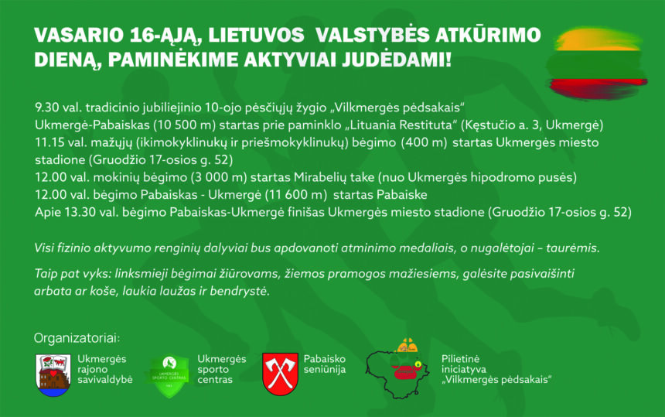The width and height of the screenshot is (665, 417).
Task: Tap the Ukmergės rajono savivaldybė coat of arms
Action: point(53,375)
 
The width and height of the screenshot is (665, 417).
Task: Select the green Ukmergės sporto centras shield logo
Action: point(169,376)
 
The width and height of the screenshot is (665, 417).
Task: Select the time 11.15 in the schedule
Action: point(48,142)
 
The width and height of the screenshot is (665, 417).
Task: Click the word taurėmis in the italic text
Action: point(576,248)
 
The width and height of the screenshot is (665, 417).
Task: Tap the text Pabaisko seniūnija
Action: point(325,364)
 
